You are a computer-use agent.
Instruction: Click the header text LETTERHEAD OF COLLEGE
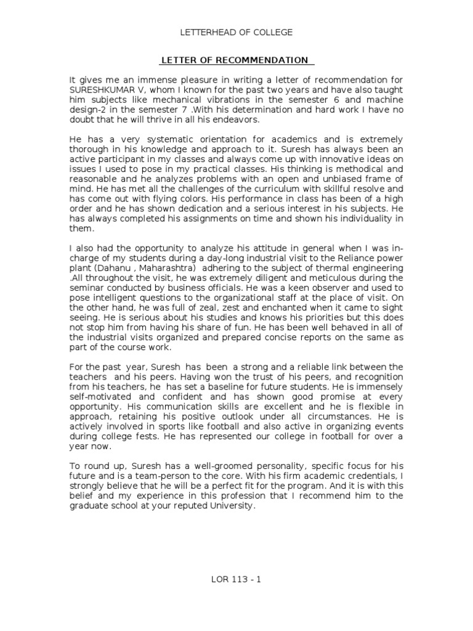coord(236,32)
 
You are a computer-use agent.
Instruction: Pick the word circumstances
coord(306,416)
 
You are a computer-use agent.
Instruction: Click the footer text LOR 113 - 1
coord(236,579)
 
